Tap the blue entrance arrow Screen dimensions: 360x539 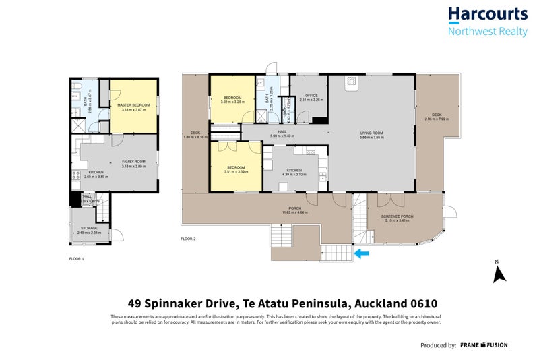[362, 254]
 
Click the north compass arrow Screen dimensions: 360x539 [499, 273]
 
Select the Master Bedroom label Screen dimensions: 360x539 [133, 105]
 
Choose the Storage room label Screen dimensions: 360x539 [90, 228]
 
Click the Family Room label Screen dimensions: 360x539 [133, 162]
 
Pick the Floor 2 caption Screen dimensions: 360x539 [189, 239]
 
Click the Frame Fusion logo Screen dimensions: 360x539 [484, 345]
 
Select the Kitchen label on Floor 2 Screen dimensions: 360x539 [294, 170]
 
